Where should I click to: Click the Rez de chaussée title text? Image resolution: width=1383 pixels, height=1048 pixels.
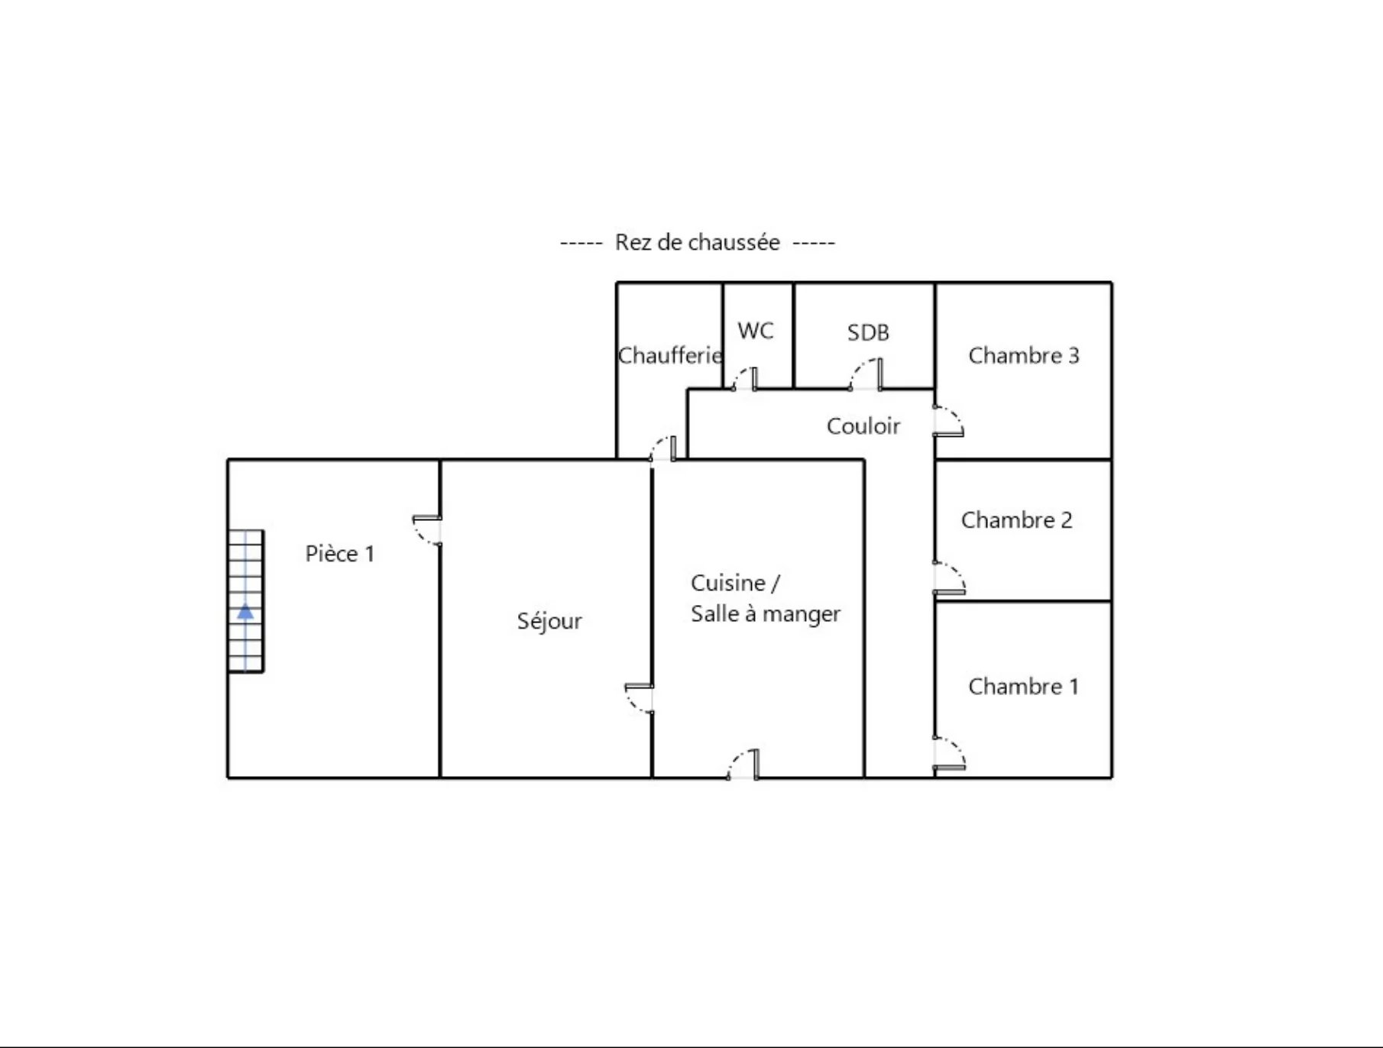(697, 243)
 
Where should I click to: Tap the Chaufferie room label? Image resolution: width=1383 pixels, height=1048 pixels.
(669, 355)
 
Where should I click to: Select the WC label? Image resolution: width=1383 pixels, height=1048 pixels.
(756, 331)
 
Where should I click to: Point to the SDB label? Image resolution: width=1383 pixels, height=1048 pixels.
(868, 332)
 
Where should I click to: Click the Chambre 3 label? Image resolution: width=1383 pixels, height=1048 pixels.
(1024, 355)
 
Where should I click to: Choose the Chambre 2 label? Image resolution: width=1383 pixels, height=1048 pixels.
(1017, 520)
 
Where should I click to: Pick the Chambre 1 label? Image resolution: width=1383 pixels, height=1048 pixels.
(1024, 687)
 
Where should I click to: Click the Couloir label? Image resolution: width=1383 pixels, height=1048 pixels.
(863, 426)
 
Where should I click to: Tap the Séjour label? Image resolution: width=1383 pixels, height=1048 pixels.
(549, 622)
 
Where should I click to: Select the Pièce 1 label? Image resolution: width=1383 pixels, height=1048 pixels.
(340, 554)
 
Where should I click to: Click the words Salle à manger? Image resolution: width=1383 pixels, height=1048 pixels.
(766, 614)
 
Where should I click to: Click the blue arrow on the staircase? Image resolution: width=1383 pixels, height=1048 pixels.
(245, 611)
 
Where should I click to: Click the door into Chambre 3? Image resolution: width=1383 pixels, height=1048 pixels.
(948, 422)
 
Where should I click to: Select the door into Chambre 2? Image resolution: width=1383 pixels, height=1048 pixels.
(950, 578)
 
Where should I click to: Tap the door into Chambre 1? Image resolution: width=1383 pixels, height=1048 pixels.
(950, 753)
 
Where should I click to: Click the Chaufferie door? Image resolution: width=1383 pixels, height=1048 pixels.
(663, 448)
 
